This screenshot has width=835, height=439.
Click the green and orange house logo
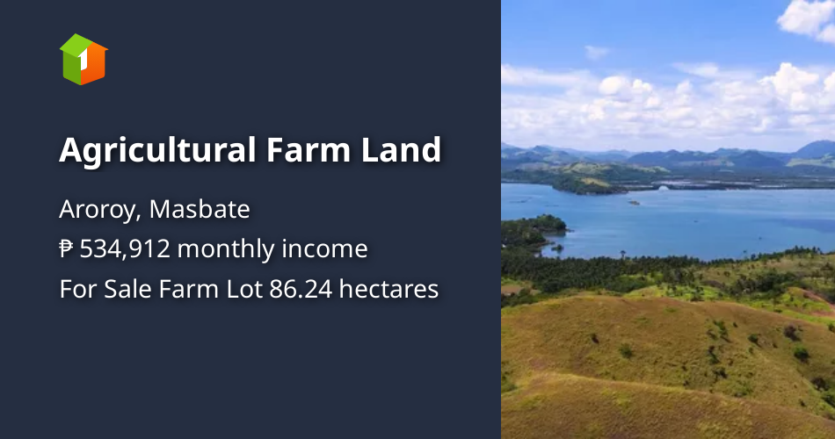pyautogui.click(x=83, y=59)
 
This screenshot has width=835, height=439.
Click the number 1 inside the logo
pyautogui.click(x=82, y=61)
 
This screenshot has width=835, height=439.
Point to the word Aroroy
pyautogui.click(x=98, y=210)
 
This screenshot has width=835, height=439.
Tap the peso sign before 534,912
pyautogui.click(x=66, y=249)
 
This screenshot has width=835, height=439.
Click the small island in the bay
pyautogui.click(x=633, y=203)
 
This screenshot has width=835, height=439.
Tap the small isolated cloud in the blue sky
pyautogui.click(x=597, y=52)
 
